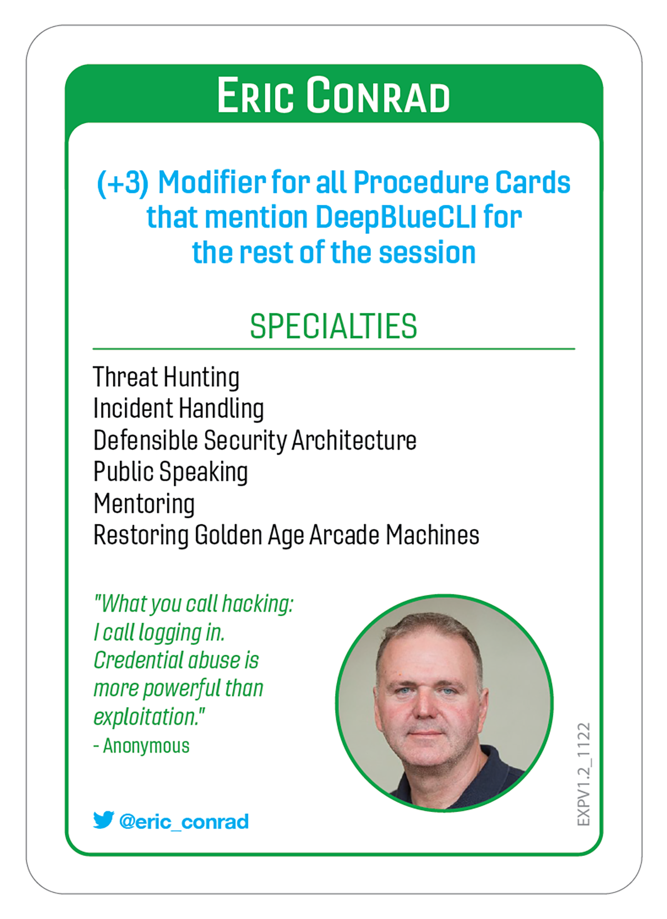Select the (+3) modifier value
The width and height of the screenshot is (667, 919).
(x=123, y=183)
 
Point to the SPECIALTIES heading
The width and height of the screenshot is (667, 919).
(x=333, y=326)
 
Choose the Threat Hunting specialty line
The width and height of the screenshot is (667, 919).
(x=166, y=377)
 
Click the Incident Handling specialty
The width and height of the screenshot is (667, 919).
(x=178, y=408)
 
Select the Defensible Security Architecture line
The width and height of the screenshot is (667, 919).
(x=255, y=440)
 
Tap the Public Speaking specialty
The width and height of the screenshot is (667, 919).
(x=171, y=472)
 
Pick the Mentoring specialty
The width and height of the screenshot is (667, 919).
(x=144, y=504)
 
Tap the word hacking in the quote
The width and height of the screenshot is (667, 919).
(x=257, y=604)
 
